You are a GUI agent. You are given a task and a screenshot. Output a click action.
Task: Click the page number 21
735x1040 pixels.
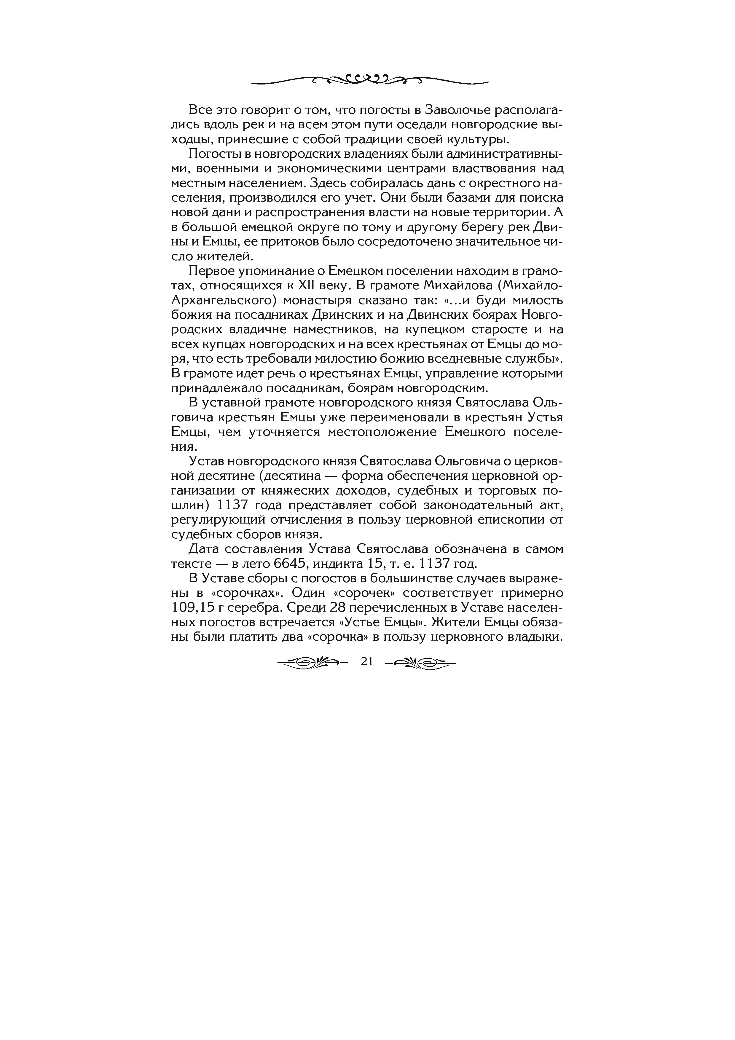tap(367, 661)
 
